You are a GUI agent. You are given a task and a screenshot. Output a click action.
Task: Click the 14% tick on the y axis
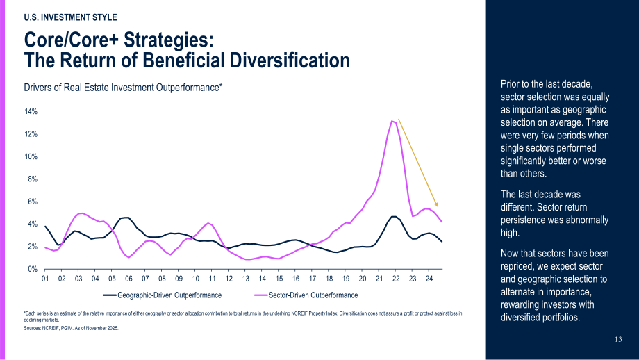32,111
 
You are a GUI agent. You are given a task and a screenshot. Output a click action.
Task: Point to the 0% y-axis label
33,269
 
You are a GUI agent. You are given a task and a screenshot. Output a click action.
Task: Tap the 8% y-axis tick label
33,179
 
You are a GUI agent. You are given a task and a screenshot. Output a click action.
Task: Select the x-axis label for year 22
396,279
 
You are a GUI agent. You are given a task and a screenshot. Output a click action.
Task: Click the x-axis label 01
45,279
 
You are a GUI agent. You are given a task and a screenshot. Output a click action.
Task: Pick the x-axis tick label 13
245,279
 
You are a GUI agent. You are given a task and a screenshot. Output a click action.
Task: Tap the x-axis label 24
429,279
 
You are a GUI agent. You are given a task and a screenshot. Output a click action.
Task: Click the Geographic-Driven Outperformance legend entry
163,295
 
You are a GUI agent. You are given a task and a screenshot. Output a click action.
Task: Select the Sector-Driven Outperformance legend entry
306,295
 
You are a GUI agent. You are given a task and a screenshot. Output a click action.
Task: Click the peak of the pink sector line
392,121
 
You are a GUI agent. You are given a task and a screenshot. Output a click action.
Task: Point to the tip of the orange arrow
437,206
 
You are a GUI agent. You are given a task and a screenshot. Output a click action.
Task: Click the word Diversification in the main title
290,60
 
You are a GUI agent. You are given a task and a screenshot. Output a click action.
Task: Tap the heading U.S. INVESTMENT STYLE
71,17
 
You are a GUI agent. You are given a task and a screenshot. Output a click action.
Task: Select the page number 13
618,339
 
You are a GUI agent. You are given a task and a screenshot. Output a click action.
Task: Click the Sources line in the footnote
72,328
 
